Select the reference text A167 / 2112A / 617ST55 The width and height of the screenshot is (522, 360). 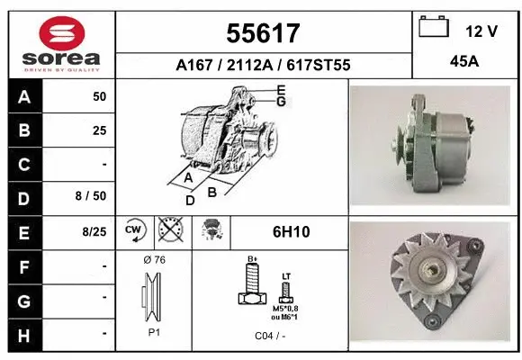pyautogui.click(x=262, y=65)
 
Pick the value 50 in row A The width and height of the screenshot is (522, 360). pyautogui.click(x=99, y=95)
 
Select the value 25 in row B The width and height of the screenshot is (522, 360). pyautogui.click(x=99, y=130)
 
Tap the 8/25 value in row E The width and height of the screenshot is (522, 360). pyautogui.click(x=93, y=231)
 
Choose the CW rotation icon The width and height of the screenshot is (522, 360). pyautogui.click(x=133, y=231)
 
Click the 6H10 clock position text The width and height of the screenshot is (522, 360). pyautogui.click(x=290, y=232)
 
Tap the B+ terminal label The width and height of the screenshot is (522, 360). pyautogui.click(x=253, y=259)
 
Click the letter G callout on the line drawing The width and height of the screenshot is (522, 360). pyautogui.click(x=281, y=102)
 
